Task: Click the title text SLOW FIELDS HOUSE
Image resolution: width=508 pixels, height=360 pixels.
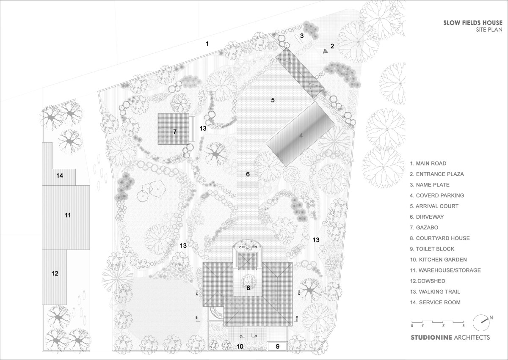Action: tap(473, 23)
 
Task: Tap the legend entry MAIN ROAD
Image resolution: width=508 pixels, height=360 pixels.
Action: tap(428, 163)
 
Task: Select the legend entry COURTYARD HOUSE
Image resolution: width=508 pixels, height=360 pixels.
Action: tap(440, 238)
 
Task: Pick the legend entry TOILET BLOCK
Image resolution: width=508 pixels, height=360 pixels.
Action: tap(432, 249)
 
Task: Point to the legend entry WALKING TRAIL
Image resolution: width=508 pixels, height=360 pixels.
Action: tap(435, 291)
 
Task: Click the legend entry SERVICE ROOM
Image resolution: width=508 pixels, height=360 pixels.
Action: tap(435, 302)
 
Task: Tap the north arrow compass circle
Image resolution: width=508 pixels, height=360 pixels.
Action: tap(481, 323)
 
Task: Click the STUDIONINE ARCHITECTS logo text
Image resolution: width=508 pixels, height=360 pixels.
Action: tap(450, 344)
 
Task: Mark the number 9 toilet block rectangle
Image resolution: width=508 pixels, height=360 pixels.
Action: tap(278, 346)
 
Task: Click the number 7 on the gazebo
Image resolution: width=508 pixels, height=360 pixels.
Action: tap(174, 132)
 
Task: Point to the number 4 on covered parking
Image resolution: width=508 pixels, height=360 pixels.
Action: tap(301, 135)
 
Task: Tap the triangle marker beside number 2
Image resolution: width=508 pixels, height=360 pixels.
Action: tap(326, 52)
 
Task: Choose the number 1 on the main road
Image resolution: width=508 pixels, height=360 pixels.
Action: tap(207, 44)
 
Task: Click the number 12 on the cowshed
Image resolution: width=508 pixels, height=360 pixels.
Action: tap(55, 273)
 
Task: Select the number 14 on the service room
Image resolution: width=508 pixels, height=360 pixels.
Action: tap(60, 176)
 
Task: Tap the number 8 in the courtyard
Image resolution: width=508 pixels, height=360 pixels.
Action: tap(248, 288)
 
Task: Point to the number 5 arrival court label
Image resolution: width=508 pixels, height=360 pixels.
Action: tap(273, 100)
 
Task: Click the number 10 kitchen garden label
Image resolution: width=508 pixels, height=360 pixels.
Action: tap(240, 346)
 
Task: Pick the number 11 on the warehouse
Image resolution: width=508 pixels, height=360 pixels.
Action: tap(68, 215)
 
